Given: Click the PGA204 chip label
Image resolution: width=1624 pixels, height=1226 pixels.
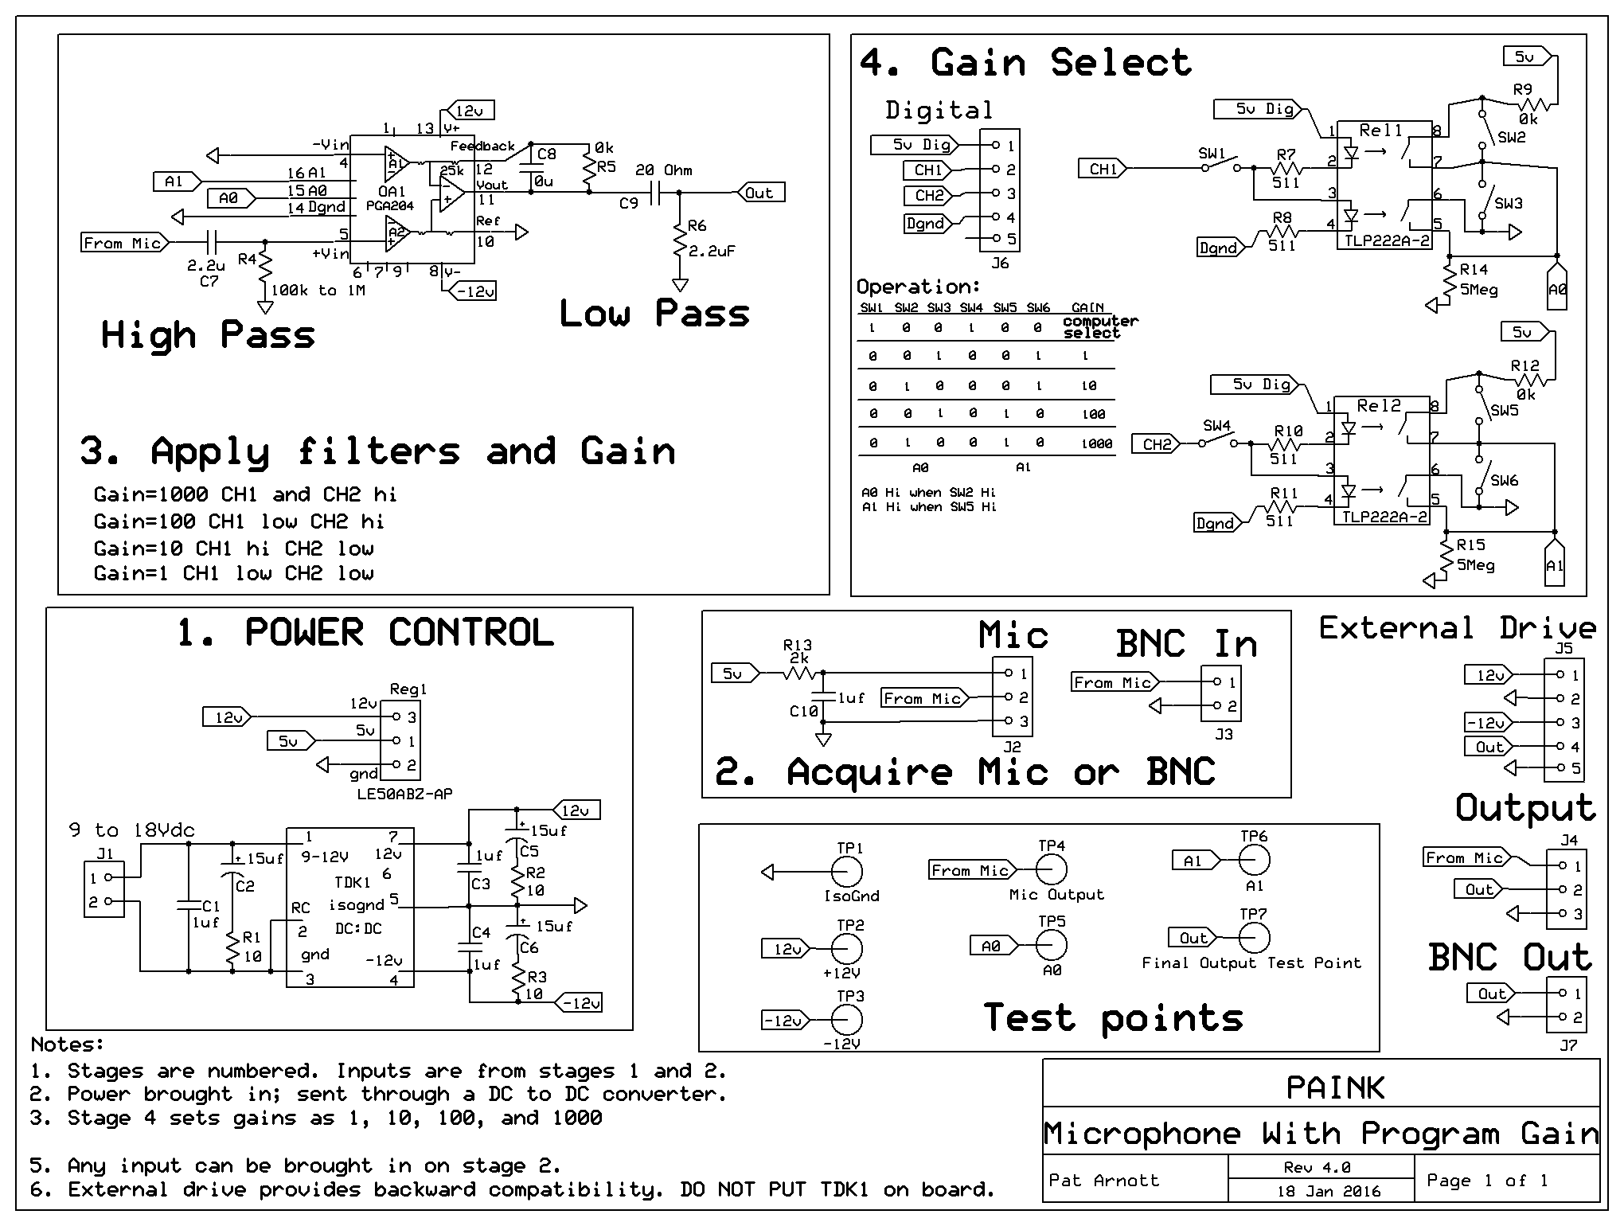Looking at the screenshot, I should tap(390, 205).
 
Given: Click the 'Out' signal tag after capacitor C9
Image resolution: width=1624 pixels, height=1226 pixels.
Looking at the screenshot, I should tap(760, 193).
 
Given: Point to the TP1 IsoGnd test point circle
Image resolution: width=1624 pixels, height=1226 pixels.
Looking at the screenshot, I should tap(848, 873).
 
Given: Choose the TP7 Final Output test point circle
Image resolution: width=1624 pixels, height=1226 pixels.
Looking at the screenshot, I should tap(1254, 938).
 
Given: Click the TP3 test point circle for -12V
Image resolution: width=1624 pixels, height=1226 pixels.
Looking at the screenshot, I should tap(846, 1020).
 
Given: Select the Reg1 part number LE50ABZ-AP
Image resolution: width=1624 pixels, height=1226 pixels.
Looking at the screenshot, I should tap(404, 794).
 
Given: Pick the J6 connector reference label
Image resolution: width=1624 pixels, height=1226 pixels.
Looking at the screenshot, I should tap(1000, 263).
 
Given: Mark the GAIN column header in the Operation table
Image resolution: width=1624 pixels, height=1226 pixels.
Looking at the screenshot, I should tap(1087, 307).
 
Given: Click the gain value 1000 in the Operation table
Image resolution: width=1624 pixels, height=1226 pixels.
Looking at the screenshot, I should tap(1096, 443).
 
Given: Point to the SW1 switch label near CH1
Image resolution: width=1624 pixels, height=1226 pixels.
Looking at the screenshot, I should tap(1212, 153).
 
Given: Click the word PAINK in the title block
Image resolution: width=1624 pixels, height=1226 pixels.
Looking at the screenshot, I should tap(1335, 1087).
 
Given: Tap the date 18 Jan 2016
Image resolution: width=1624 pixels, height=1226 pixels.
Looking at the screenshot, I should tap(1329, 1192).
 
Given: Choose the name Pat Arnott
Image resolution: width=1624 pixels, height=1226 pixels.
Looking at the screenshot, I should tap(1103, 1180).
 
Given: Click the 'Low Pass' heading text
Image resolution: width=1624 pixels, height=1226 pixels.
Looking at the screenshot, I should tap(654, 314).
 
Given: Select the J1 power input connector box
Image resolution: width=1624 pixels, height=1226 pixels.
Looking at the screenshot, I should tap(104, 890).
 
